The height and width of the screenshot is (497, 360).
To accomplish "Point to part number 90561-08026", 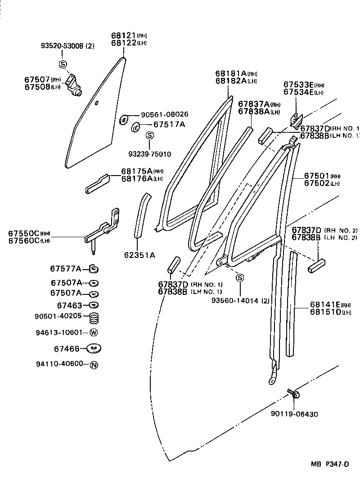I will click(x=165, y=114).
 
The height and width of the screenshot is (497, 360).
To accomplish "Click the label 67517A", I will click(x=169, y=124).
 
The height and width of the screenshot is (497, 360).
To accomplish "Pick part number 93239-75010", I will click(x=149, y=154).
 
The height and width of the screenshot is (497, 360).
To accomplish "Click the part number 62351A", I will click(x=139, y=255).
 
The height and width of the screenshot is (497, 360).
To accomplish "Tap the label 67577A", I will click(x=66, y=269).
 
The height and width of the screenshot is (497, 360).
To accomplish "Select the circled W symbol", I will click(x=94, y=333).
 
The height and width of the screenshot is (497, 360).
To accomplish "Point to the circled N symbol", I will click(x=94, y=365).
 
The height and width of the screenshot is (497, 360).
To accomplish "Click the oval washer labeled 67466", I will click(x=93, y=348).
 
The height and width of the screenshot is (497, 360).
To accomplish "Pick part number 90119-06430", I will click(x=294, y=414).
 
